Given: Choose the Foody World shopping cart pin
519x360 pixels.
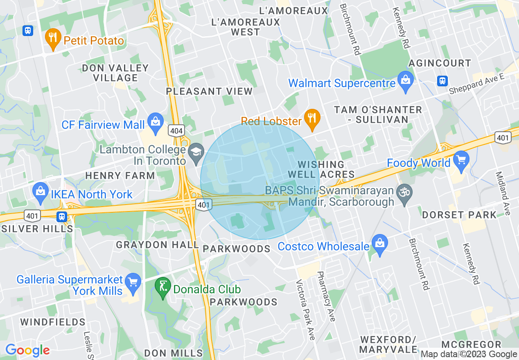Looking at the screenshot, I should coord(461,160).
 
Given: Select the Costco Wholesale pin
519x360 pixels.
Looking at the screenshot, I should coord(380,244).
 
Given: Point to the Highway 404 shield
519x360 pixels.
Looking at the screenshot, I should coord(176,130).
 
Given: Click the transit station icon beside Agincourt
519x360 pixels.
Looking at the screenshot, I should coord(442,81).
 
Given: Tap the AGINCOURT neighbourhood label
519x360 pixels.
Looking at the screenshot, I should coord(440,63).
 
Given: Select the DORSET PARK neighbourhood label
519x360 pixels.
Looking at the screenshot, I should coord(459,215).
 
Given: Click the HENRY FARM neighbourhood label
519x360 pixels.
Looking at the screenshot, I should coord(120,176).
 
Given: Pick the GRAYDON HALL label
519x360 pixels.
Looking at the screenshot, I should coord(158,245).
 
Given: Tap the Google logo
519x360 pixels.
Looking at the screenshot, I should coord(27,350).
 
